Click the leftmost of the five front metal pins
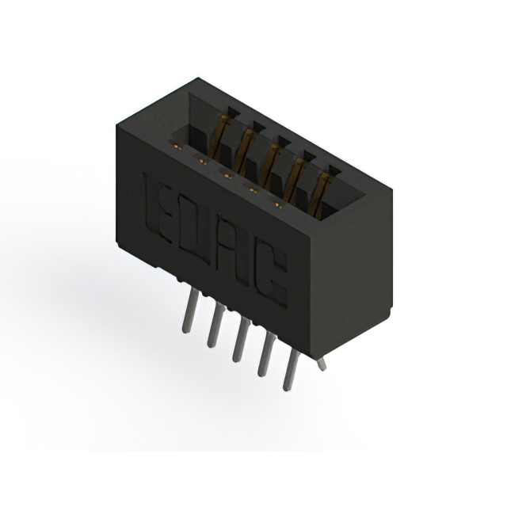point(189,310)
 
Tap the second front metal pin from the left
point(215,326)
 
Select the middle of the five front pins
point(241,340)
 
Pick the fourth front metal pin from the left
point(267,354)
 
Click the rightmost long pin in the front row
point(292,370)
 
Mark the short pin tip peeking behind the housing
point(322,364)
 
